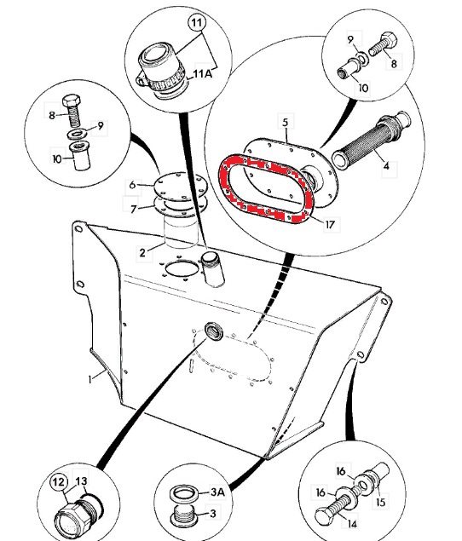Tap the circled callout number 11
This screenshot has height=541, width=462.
point(196,23)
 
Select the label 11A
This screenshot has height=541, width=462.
point(203,73)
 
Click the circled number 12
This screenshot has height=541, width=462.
point(59,481)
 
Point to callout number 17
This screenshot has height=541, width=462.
point(330,225)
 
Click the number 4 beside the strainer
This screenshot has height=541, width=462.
point(386,166)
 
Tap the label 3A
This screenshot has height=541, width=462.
point(217,492)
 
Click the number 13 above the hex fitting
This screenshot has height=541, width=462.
point(81,481)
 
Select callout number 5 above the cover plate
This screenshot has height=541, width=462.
point(286,122)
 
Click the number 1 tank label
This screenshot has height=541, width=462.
point(90,379)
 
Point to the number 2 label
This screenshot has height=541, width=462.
point(142,253)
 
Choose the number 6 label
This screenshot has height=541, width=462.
point(132,185)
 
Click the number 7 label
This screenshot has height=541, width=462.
point(134,209)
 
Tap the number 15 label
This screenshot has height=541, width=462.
point(380,502)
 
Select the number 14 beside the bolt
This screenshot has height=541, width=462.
point(351,524)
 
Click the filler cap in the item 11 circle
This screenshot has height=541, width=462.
point(162,70)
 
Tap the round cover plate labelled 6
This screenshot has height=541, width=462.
point(180,186)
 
